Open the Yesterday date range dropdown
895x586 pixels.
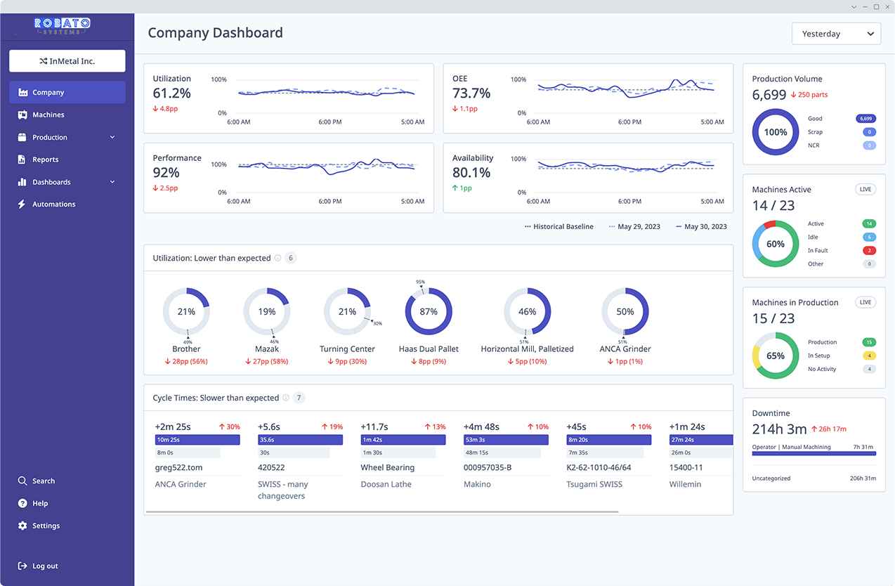pyautogui.click(x=836, y=34)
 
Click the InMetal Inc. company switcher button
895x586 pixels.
pyautogui.click(x=67, y=61)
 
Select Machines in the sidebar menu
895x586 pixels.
pyautogui.click(x=48, y=115)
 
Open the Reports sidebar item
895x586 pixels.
pyautogui.click(x=45, y=159)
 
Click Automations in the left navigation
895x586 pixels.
pyautogui.click(x=53, y=204)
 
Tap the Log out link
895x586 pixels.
pyautogui.click(x=45, y=566)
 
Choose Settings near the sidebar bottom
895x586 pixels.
pyautogui.click(x=46, y=526)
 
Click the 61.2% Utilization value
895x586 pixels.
pyautogui.click(x=171, y=93)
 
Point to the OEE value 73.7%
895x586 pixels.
pyautogui.click(x=471, y=93)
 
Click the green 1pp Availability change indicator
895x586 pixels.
pyautogui.click(x=462, y=188)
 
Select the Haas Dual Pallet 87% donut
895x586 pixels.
pyautogui.click(x=429, y=311)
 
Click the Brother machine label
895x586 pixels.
pyautogui.click(x=186, y=349)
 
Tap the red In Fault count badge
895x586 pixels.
pyautogui.click(x=869, y=251)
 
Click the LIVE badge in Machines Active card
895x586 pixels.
pyautogui.click(x=865, y=190)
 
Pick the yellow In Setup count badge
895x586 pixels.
pyautogui.click(x=869, y=356)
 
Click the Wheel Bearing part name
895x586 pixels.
pyautogui.click(x=387, y=467)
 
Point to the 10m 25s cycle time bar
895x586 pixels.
pyautogui.click(x=197, y=440)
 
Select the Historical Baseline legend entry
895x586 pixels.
pyautogui.click(x=559, y=227)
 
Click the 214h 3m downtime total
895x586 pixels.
pyautogui.click(x=780, y=429)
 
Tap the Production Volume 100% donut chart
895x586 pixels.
pyautogui.click(x=776, y=132)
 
